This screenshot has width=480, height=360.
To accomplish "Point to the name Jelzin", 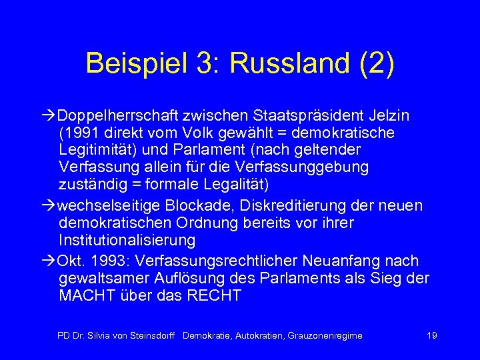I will tap(390, 115).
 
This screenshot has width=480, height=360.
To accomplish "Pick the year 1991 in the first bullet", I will tap(81, 133).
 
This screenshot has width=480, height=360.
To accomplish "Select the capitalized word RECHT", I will tap(215, 295).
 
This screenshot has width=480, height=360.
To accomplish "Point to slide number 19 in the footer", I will tap(432, 335).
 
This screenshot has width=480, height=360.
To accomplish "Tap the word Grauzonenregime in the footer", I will tap(325, 335).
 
